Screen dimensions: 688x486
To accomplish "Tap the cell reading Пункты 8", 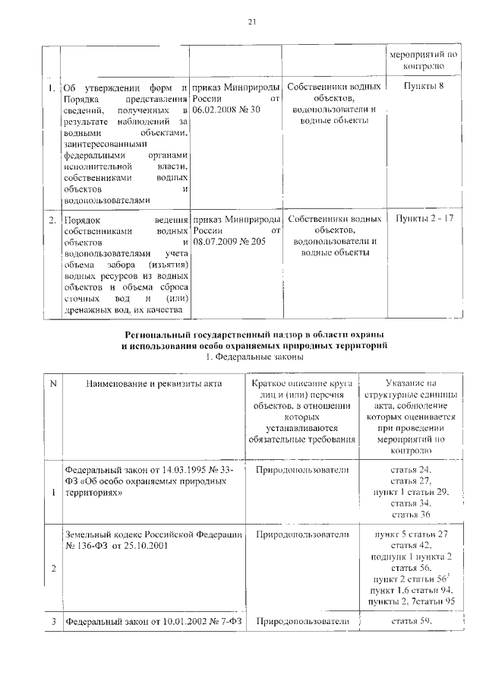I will click(x=430, y=87).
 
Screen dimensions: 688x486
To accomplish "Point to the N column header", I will click(x=52, y=384).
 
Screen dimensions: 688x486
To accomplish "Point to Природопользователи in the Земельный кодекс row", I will click(x=302, y=535).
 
